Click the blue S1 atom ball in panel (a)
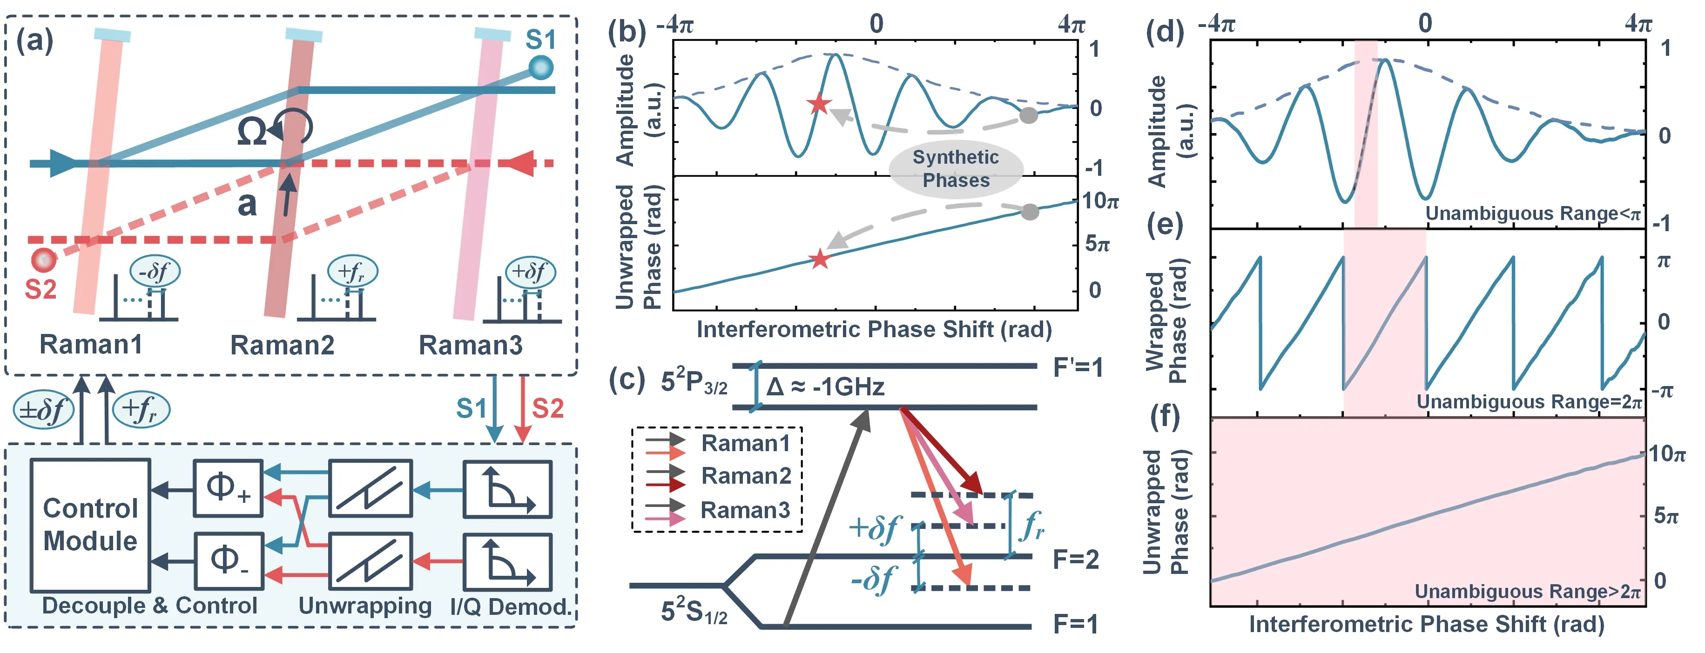click(x=541, y=67)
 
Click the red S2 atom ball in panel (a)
click(x=44, y=260)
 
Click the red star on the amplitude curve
click(x=819, y=103)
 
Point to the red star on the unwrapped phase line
click(x=819, y=259)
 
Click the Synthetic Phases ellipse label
click(x=956, y=169)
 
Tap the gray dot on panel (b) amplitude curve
click(x=1028, y=115)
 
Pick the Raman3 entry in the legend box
click(x=745, y=510)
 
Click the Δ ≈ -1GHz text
click(x=825, y=386)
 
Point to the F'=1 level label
click(x=1078, y=367)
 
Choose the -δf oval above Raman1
click(x=155, y=271)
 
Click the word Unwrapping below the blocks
click(x=365, y=606)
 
